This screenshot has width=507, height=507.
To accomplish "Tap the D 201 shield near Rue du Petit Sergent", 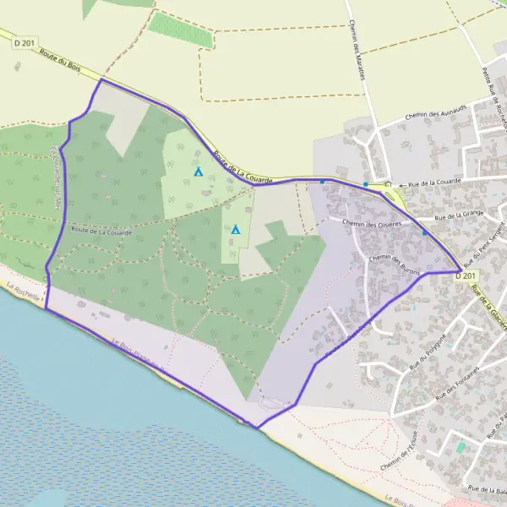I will (x=466, y=275).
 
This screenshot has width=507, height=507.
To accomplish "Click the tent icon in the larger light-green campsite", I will (x=199, y=172).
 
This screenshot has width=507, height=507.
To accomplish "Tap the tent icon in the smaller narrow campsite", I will (x=236, y=229).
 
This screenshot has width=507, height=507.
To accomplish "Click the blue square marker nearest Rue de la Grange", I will (x=425, y=232).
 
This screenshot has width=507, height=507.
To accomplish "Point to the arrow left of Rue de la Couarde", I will (x=401, y=184).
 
